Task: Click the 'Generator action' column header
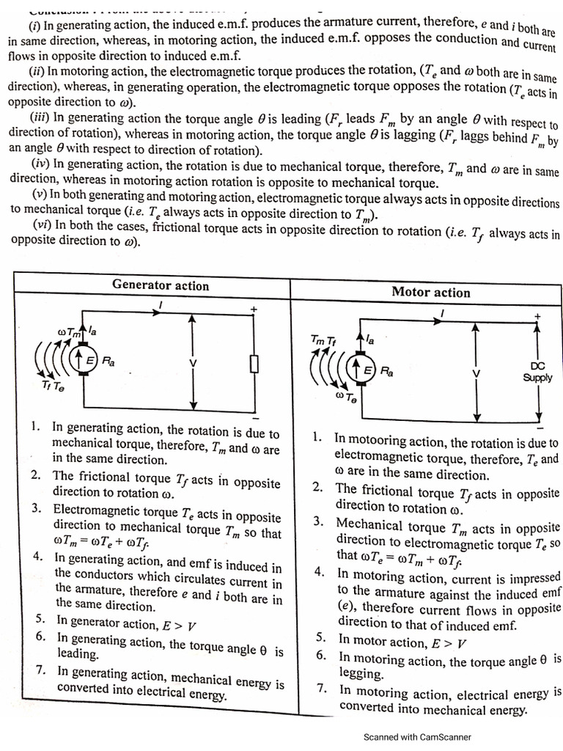[x=161, y=285]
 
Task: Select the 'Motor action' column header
[x=431, y=292]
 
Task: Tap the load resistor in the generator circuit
[x=254, y=364]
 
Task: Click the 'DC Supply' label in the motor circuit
[x=537, y=372]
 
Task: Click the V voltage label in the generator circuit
[x=193, y=364]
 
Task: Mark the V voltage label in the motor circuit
[x=476, y=373]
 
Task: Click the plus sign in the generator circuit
[x=254, y=310]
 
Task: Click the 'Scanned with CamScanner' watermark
[x=417, y=737]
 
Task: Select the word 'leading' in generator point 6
[x=78, y=653]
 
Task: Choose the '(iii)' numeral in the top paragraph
[x=40, y=117]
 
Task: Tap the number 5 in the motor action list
[x=321, y=638]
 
